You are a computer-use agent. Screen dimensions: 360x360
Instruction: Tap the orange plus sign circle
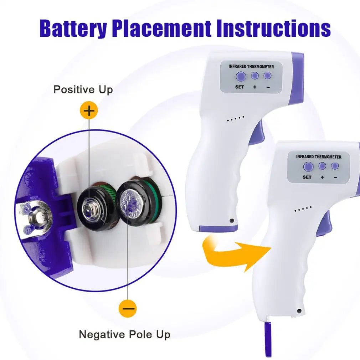pyautogui.click(x=89, y=110)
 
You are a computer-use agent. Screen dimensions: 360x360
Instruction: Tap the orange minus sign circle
pyautogui.click(x=128, y=308)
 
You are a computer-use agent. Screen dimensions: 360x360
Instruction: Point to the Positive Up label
pyautogui.click(x=83, y=89)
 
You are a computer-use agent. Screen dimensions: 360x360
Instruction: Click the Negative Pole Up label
pyautogui.click(x=124, y=334)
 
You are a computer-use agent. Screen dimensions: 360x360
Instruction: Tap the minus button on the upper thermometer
pyautogui.click(x=267, y=76)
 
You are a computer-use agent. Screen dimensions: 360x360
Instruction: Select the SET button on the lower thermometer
pyautogui.click(x=308, y=167)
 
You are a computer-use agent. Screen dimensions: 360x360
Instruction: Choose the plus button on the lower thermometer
pyautogui.click(x=322, y=166)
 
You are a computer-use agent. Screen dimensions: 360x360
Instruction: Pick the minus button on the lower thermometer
pyautogui.click(x=335, y=166)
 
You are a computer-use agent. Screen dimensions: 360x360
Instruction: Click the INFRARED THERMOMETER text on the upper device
pyautogui.click(x=251, y=67)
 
